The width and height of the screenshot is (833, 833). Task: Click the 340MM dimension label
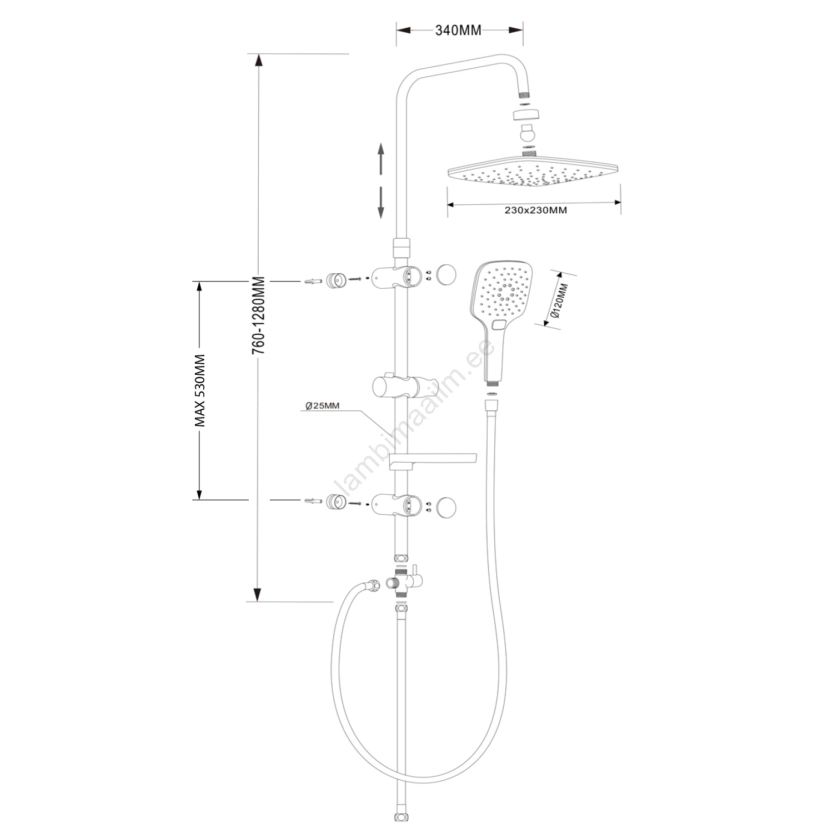[x=458, y=31]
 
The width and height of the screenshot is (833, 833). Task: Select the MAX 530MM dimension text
[x=200, y=390]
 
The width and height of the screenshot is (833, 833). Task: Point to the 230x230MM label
[x=535, y=210]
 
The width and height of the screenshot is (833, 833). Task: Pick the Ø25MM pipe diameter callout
[x=323, y=405]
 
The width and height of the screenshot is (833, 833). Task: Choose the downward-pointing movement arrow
[x=381, y=203]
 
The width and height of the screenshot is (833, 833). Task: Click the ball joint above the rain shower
[x=525, y=134]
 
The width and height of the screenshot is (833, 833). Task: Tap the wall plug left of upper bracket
[x=313, y=281]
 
